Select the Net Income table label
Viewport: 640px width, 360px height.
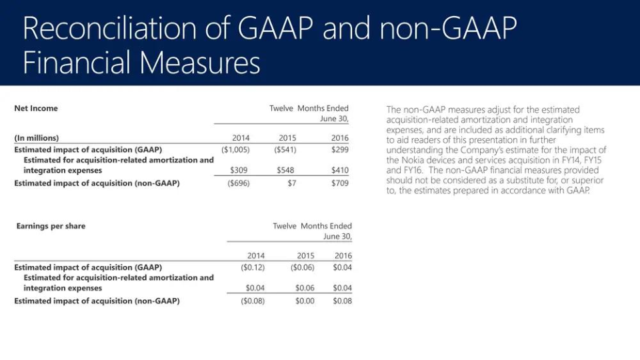[36, 108]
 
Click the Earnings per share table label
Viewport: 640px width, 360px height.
[51, 226]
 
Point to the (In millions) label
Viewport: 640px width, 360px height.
[36, 138]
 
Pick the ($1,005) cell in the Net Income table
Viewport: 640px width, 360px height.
[235, 150]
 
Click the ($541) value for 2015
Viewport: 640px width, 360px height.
[285, 150]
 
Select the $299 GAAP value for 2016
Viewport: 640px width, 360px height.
[339, 150]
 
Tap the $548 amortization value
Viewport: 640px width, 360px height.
[285, 171]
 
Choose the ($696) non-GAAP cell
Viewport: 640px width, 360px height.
[238, 183]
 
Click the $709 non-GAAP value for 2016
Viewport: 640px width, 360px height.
[339, 183]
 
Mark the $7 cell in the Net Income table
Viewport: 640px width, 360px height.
[291, 183]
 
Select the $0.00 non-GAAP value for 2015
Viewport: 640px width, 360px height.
[305, 301]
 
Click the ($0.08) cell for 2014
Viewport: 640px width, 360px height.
[252, 301]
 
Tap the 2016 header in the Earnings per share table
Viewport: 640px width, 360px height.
[343, 255]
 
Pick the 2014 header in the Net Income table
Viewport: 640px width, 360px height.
[241, 138]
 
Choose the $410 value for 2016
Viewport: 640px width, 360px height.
[339, 171]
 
